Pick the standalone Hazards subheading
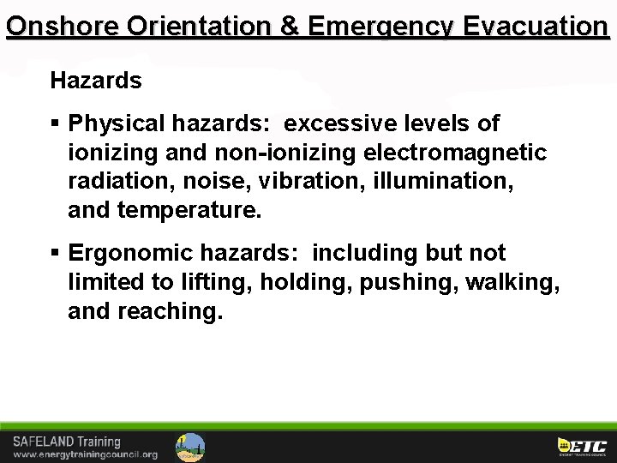coord(96,81)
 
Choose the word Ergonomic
coord(126,254)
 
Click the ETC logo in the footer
coord(582,446)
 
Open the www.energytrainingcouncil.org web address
coord(85,454)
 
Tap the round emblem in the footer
coord(190,447)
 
